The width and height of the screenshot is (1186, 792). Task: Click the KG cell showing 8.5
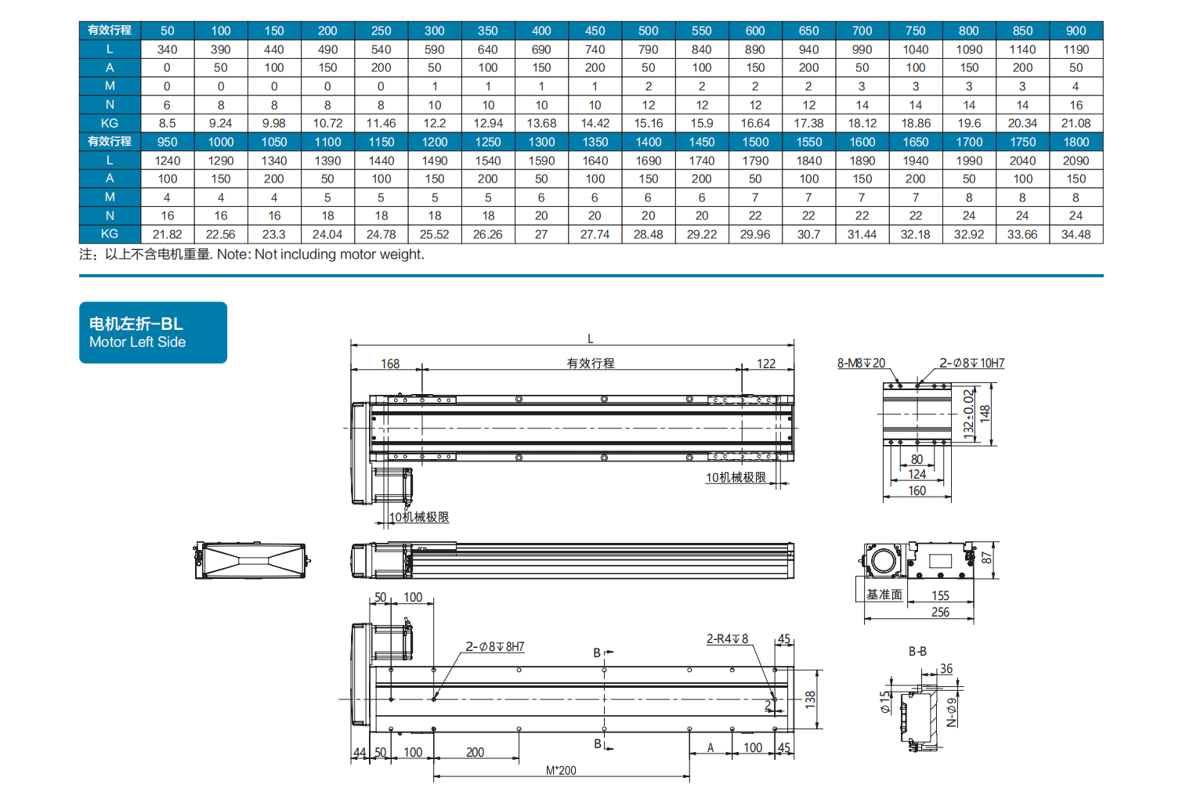[x=168, y=123]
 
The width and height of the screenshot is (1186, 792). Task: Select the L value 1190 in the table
[x=1076, y=50]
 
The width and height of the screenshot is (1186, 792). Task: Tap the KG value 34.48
[x=1076, y=234]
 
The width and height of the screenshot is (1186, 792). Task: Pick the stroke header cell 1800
[x=1076, y=142]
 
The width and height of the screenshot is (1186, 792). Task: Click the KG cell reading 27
[x=541, y=234]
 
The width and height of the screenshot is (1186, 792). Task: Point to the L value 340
[x=168, y=50]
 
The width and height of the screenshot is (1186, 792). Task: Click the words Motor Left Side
[x=137, y=342]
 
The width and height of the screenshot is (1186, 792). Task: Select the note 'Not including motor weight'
[x=339, y=254]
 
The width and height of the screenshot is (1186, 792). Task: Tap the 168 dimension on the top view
[x=390, y=363]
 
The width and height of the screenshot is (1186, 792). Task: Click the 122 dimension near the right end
[x=766, y=363]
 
